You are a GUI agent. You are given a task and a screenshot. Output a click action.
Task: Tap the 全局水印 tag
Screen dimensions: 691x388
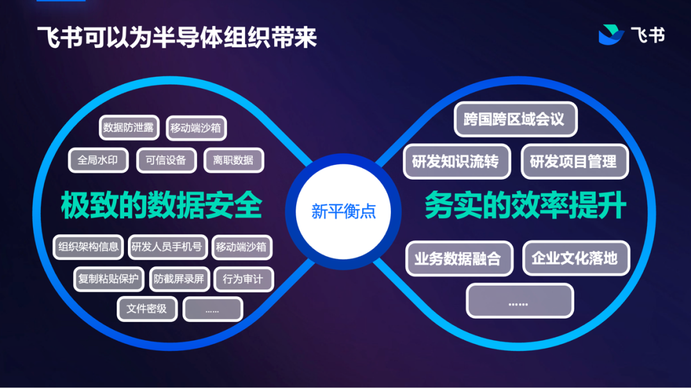[x=98, y=160]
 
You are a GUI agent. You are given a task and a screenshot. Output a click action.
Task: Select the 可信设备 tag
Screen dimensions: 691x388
[x=166, y=160]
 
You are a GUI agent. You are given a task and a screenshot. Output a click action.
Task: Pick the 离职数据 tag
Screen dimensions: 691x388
[x=234, y=160]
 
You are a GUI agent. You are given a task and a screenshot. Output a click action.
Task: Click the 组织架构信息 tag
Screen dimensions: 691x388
[x=88, y=247]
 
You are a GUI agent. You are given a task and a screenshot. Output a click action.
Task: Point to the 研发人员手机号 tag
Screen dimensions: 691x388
[x=166, y=247]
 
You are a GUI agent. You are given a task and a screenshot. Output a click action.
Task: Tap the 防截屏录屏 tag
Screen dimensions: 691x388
[x=179, y=279]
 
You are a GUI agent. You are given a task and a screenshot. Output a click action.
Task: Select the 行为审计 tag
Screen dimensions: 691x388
[x=243, y=279]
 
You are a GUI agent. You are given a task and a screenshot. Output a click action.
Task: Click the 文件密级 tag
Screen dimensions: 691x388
[x=147, y=309]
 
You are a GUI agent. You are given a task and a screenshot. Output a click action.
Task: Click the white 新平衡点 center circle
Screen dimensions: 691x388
[x=343, y=212]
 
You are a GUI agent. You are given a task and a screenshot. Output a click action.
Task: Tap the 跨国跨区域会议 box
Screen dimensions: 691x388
[x=515, y=120]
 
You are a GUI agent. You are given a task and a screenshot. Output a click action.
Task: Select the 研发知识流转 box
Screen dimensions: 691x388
[x=456, y=162]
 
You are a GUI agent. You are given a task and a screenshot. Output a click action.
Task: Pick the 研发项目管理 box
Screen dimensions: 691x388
[x=574, y=162]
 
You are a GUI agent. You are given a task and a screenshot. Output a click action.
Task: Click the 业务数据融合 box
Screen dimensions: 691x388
[x=458, y=258]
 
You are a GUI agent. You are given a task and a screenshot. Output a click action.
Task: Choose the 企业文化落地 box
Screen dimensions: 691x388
[x=575, y=258]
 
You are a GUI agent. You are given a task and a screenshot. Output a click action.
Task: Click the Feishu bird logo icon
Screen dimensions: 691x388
[x=611, y=35]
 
